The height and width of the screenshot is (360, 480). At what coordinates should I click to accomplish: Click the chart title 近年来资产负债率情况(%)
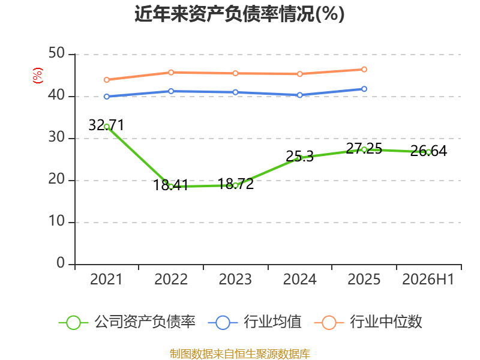click(x=239, y=14)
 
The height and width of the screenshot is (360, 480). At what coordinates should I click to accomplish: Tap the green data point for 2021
click(x=107, y=127)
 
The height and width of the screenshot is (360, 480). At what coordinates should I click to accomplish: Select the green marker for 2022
click(x=171, y=187)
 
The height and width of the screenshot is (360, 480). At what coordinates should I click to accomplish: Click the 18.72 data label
click(x=236, y=184)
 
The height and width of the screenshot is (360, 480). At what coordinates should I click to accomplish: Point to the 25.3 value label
click(x=299, y=157)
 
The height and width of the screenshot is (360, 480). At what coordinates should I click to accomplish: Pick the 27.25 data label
click(x=364, y=148)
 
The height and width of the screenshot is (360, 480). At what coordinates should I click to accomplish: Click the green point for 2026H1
click(x=428, y=152)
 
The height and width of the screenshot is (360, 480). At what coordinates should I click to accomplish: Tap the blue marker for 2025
click(x=364, y=89)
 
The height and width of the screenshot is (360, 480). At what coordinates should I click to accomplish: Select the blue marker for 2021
click(x=107, y=97)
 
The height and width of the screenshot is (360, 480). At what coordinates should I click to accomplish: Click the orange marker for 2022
click(x=171, y=73)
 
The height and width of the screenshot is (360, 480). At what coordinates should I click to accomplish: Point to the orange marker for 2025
click(x=364, y=70)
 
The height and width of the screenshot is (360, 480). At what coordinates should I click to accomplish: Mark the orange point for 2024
click(x=300, y=74)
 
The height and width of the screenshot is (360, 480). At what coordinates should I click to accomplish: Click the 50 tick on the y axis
click(x=56, y=53)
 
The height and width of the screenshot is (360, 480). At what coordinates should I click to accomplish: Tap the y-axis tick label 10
click(x=56, y=221)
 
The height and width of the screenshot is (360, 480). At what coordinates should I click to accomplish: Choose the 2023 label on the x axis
click(x=235, y=280)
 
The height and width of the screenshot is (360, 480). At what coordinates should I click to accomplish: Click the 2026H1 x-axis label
click(x=428, y=280)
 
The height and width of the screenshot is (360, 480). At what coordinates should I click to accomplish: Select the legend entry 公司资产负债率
click(x=127, y=322)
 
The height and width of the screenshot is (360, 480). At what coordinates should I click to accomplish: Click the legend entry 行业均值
click(x=254, y=322)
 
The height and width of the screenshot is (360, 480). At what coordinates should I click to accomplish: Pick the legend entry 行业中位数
click(x=368, y=322)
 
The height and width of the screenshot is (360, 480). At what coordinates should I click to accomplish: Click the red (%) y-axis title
click(x=38, y=76)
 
